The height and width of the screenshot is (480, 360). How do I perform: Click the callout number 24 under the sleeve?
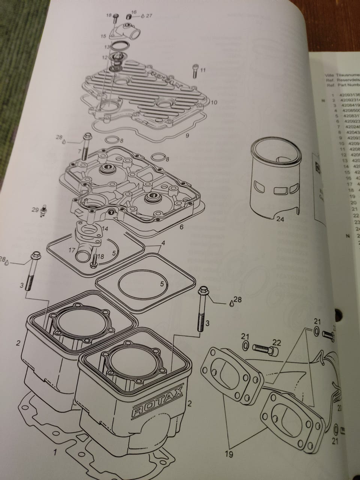coord(280,219)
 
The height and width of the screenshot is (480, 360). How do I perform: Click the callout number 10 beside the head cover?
coord(214,102)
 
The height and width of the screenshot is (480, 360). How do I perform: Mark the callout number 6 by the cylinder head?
coord(181,227)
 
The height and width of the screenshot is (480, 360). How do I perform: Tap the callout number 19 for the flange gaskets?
coord(229,454)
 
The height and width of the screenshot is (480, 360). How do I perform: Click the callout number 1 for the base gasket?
coord(55,453)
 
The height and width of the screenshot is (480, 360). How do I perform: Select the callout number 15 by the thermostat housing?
coord(104,36)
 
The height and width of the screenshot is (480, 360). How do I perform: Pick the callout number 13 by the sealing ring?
coord(107,48)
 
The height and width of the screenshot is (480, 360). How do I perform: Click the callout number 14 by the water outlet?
coord(105,228)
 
